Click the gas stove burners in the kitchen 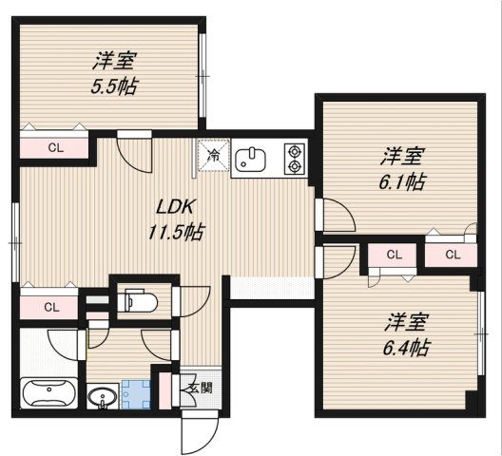293,159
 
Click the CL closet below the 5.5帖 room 54,147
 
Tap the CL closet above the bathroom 50,307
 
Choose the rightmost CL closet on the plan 451,255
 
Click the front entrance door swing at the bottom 197,432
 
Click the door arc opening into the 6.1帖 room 335,216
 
